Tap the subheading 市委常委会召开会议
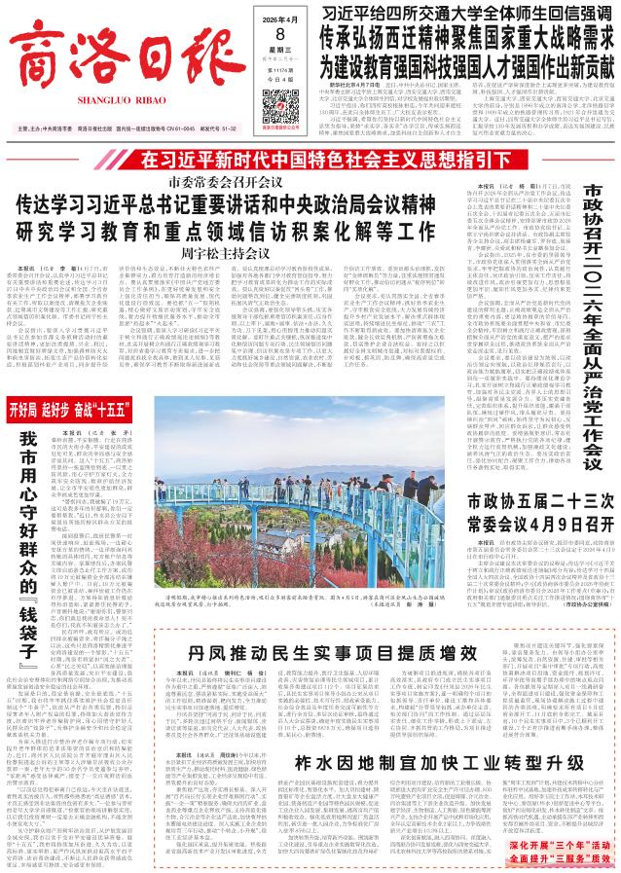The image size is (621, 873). [x=227, y=182]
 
